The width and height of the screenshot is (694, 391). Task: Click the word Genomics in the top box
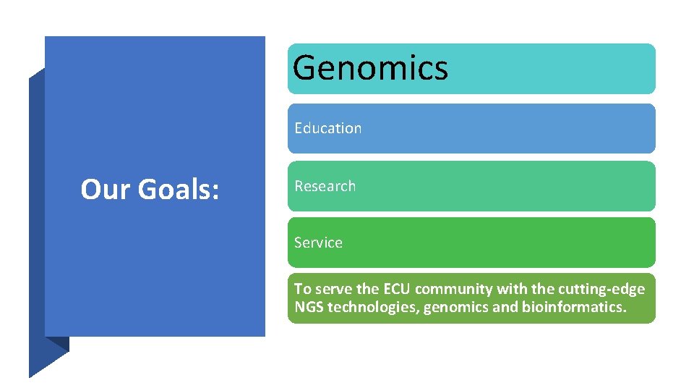click(x=370, y=68)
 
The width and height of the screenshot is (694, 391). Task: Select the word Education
click(x=327, y=128)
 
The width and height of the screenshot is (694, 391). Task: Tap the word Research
click(x=325, y=186)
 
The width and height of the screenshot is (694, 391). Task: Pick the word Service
click(x=318, y=243)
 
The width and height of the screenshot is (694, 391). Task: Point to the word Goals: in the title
click(x=179, y=190)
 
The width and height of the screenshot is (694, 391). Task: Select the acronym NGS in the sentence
click(x=309, y=307)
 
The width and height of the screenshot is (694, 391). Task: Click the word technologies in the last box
click(x=373, y=307)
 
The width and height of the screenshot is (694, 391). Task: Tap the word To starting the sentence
click(x=301, y=289)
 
